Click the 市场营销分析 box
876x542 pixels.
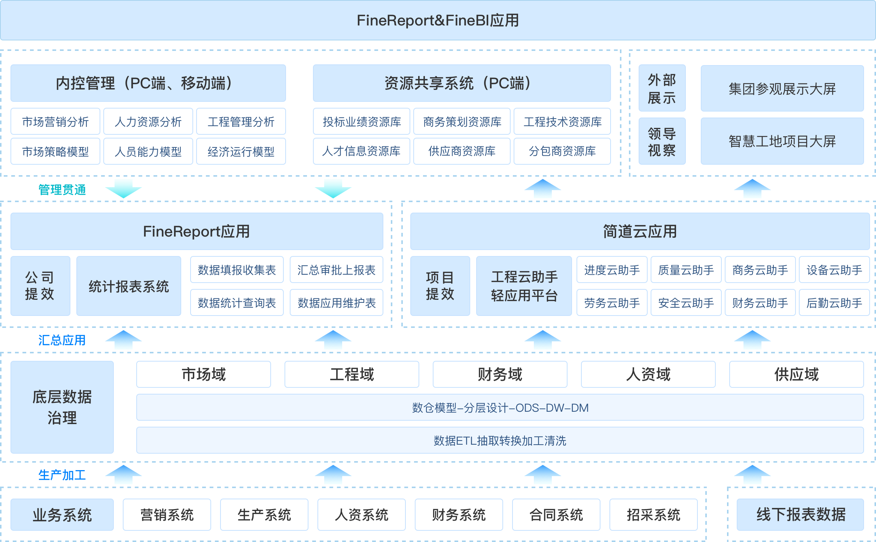[55, 121]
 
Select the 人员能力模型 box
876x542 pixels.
[148, 151]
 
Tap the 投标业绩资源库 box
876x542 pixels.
[362, 121]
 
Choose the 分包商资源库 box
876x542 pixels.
[562, 151]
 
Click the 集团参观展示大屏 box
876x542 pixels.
[782, 89]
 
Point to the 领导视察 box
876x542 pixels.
[662, 141]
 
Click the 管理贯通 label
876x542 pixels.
[62, 190]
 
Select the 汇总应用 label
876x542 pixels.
[62, 340]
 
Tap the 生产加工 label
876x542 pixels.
[62, 475]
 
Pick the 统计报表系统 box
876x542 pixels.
[129, 286]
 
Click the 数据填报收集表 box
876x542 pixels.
[237, 270]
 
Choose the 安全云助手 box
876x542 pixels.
[686, 303]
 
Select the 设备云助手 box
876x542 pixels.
[834, 270]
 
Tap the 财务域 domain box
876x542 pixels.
[500, 374]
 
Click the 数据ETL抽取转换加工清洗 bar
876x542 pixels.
[500, 441]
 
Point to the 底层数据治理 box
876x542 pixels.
[62, 407]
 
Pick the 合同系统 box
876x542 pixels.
[556, 515]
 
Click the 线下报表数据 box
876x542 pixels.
[800, 515]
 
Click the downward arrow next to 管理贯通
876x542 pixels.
[124, 188]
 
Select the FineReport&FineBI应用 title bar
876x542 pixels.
[438, 20]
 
